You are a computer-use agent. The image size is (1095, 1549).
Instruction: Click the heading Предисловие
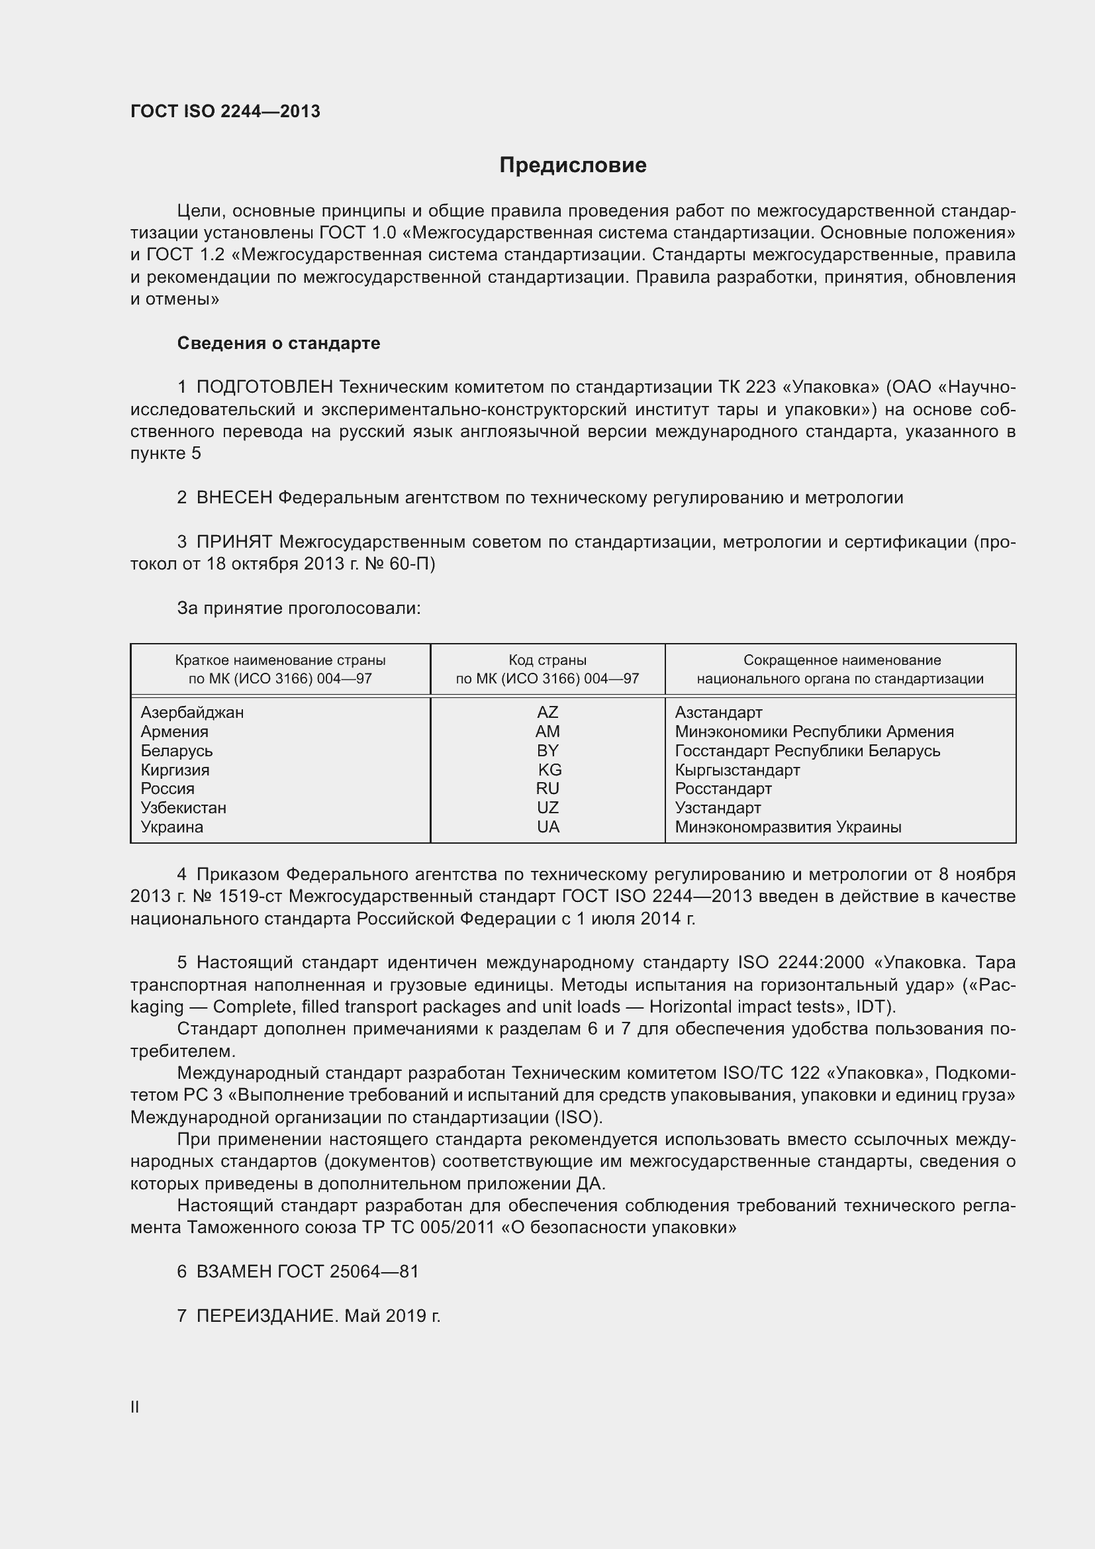[573, 166]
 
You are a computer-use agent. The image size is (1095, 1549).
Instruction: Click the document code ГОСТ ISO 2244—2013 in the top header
[225, 111]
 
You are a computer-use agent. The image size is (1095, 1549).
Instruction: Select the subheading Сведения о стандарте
[279, 344]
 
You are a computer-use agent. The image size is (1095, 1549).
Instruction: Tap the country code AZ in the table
[547, 713]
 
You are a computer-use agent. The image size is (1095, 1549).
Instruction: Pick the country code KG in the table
[549, 770]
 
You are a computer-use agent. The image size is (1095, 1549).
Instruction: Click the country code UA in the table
[548, 827]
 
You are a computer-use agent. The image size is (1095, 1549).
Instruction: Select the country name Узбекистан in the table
[183, 808]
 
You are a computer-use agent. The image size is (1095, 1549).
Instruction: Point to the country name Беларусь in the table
[177, 751]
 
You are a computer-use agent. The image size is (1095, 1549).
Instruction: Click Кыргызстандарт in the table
[737, 770]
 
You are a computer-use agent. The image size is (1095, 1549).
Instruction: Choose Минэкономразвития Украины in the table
[788, 827]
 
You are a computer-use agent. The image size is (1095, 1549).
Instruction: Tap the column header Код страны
[547, 660]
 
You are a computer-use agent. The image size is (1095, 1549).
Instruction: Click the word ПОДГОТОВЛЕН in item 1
[264, 387]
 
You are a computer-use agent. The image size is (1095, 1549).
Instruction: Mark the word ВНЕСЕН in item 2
[234, 498]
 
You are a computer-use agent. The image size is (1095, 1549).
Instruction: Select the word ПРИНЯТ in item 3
[234, 542]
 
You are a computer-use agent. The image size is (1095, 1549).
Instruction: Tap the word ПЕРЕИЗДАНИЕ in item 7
[266, 1316]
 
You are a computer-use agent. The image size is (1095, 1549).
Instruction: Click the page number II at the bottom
[135, 1407]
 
